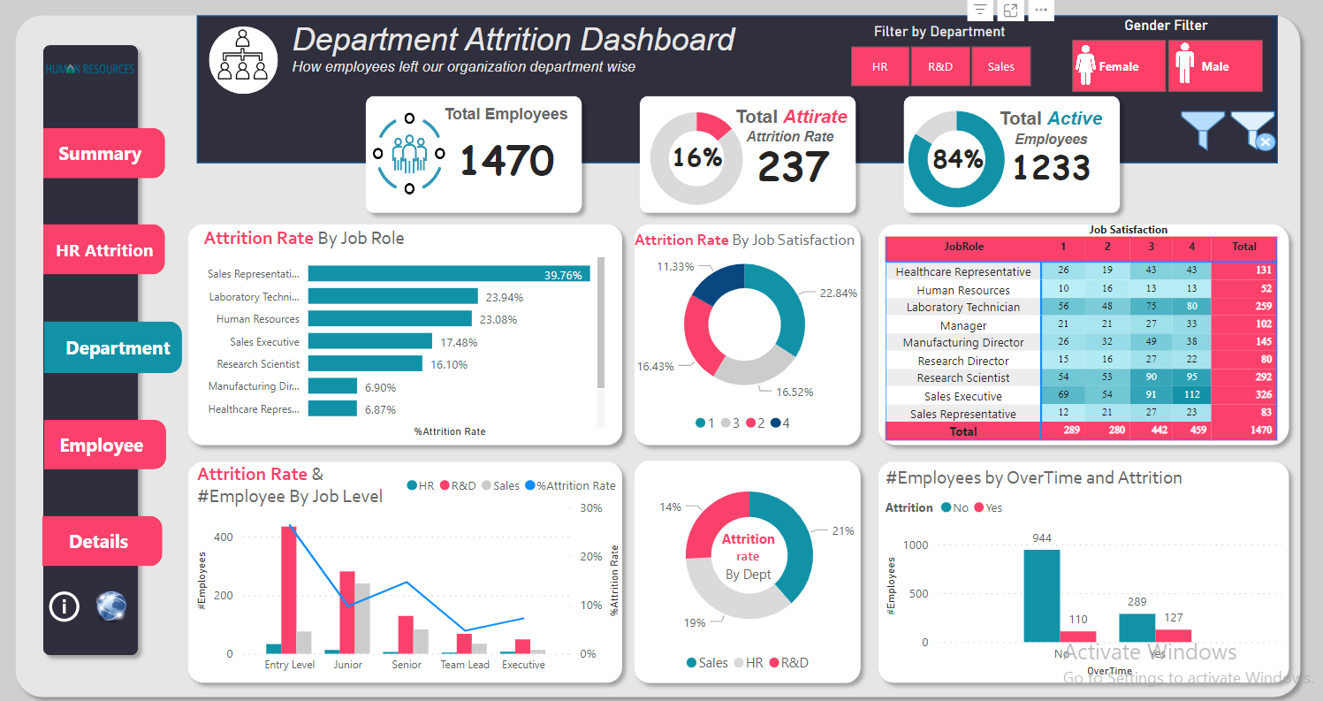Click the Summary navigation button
tap(103, 154)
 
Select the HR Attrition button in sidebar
tap(104, 250)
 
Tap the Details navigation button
tap(101, 542)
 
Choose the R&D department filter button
tap(940, 67)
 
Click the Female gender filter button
tap(1118, 66)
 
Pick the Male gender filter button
tap(1214, 66)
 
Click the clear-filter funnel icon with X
tap(1253, 130)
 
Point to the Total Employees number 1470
tap(506, 161)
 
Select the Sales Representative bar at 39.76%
tap(448, 274)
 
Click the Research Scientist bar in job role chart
tap(365, 363)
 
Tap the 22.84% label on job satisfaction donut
tap(838, 293)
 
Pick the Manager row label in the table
tap(962, 325)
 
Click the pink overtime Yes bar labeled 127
tap(1173, 636)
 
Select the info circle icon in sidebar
tap(65, 606)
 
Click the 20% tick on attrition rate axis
tap(590, 557)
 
